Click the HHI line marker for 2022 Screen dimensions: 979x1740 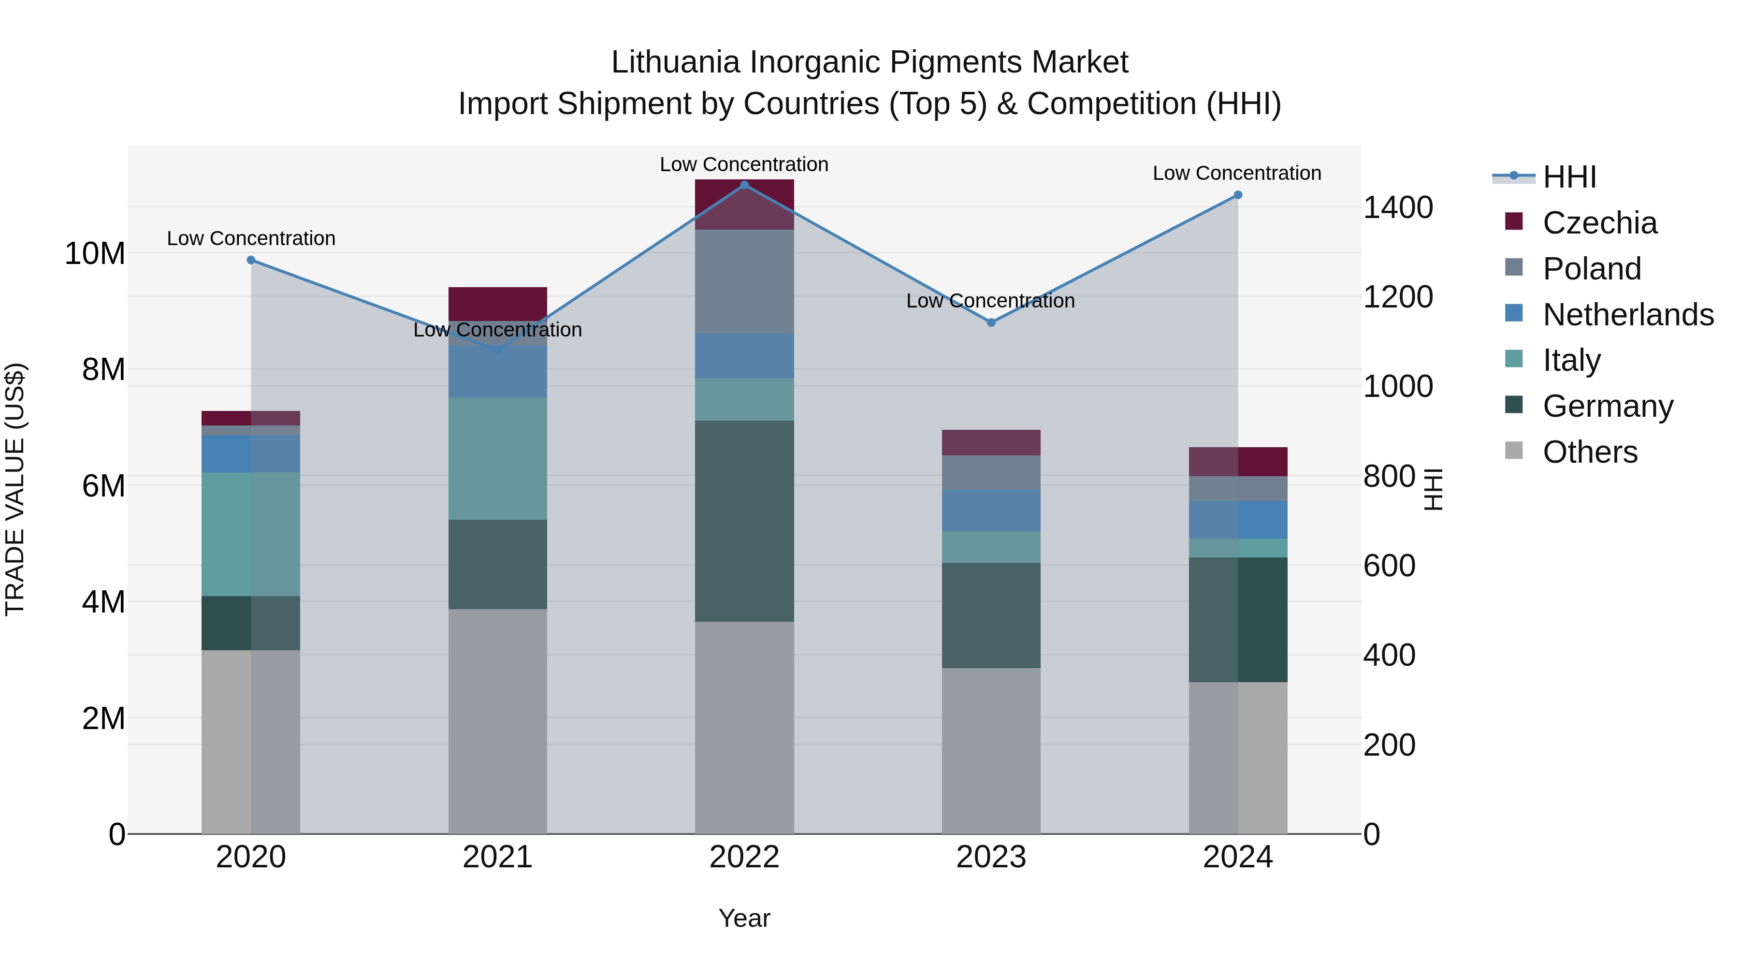[x=744, y=185]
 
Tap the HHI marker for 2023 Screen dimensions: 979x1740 [x=991, y=323]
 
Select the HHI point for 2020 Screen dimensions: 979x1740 [x=251, y=260]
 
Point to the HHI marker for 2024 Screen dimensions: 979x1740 [x=1237, y=195]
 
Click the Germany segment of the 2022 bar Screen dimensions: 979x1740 [x=744, y=521]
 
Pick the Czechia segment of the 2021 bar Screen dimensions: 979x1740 [x=498, y=303]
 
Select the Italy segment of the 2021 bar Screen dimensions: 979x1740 [x=498, y=458]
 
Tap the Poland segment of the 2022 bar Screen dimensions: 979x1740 [x=744, y=281]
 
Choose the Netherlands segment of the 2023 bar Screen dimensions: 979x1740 [x=991, y=510]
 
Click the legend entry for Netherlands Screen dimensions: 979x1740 [x=1628, y=315]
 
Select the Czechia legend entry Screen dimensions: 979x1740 [x=1599, y=223]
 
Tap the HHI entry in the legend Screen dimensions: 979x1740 [x=1569, y=177]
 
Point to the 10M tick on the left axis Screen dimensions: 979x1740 [x=95, y=254]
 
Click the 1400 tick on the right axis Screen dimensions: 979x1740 [x=1397, y=207]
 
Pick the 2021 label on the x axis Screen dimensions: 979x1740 [x=498, y=857]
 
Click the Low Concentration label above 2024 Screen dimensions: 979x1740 [x=1237, y=174]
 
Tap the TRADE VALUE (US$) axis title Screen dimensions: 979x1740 [x=15, y=489]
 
